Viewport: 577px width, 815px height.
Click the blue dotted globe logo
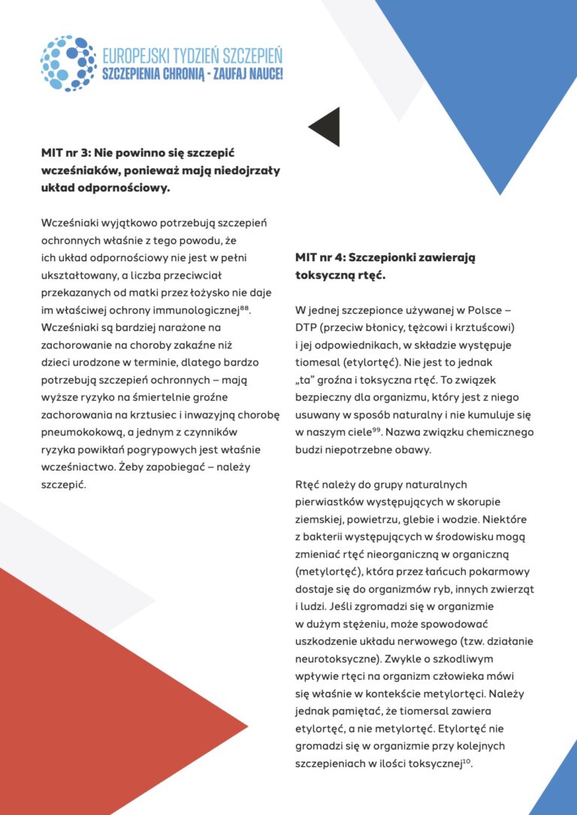point(68,63)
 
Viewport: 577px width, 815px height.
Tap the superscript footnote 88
point(244,306)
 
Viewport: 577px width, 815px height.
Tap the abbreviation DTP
point(307,328)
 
